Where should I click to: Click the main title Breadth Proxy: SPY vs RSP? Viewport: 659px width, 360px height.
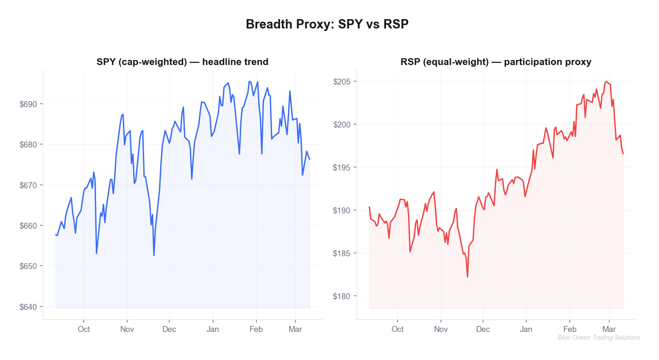[327, 24]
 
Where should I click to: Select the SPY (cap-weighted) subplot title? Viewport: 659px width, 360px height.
[182, 62]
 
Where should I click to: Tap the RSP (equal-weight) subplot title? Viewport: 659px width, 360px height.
[496, 62]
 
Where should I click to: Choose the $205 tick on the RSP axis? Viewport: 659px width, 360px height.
[342, 82]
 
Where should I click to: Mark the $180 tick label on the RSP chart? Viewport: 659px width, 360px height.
[342, 296]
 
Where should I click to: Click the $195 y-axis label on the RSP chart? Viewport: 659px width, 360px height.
[342, 167]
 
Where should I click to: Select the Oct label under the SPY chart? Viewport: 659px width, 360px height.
[84, 329]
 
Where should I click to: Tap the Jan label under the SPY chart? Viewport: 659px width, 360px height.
[213, 329]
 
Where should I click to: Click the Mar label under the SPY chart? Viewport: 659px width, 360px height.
[295, 329]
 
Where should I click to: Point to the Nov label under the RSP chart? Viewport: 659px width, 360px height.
[441, 329]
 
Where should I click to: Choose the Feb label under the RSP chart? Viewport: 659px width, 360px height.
[570, 329]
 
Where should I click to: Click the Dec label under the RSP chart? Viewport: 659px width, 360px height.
[483, 329]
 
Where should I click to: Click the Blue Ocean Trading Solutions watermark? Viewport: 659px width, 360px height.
[599, 337]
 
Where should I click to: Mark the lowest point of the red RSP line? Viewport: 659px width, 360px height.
[467, 277]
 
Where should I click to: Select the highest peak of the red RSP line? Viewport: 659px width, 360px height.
[606, 82]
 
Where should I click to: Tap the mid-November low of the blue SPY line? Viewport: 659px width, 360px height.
[154, 255]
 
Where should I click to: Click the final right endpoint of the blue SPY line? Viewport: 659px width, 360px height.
[310, 159]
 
